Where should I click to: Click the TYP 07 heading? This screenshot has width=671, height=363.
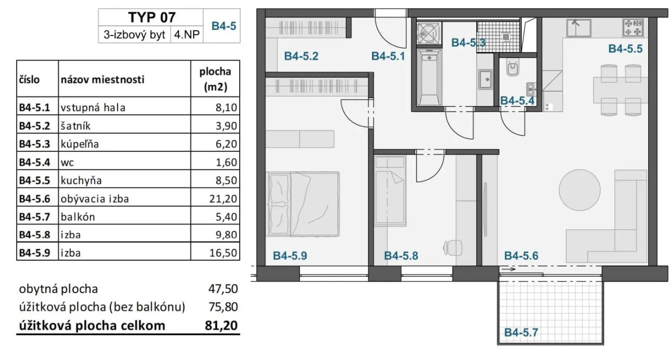pyautogui.click(x=152, y=17)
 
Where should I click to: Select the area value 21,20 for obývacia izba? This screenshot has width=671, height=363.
pyautogui.click(x=223, y=198)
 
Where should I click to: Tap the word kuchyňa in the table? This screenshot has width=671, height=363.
pyautogui.click(x=81, y=180)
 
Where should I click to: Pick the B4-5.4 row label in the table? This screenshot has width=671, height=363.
pyautogui.click(x=35, y=162)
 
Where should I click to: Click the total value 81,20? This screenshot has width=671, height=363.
pyautogui.click(x=221, y=325)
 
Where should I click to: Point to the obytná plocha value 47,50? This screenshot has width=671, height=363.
pyautogui.click(x=223, y=289)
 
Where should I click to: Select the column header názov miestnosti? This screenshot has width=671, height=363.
pyautogui.click(x=102, y=80)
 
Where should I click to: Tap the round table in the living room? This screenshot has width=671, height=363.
pyautogui.click(x=580, y=190)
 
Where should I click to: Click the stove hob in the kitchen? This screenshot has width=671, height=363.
pyautogui.click(x=633, y=27)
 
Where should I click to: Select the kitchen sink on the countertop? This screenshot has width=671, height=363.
pyautogui.click(x=579, y=28)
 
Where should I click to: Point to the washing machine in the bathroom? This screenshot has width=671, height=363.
pyautogui.click(x=429, y=33)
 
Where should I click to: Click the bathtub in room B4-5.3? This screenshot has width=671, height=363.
pyautogui.click(x=429, y=78)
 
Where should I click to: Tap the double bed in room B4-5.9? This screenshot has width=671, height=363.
pyautogui.click(x=302, y=204)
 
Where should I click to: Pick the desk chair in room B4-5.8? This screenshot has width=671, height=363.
pyautogui.click(x=453, y=248)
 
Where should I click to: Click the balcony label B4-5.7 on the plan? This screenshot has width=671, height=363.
pyautogui.click(x=521, y=333)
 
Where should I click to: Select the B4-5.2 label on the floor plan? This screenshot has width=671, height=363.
pyautogui.click(x=301, y=56)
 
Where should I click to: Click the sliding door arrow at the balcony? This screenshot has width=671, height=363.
pyautogui.click(x=508, y=269)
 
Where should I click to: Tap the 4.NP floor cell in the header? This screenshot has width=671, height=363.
pyautogui.click(x=187, y=35)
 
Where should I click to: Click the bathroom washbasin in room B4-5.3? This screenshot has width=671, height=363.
pyautogui.click(x=485, y=80)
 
